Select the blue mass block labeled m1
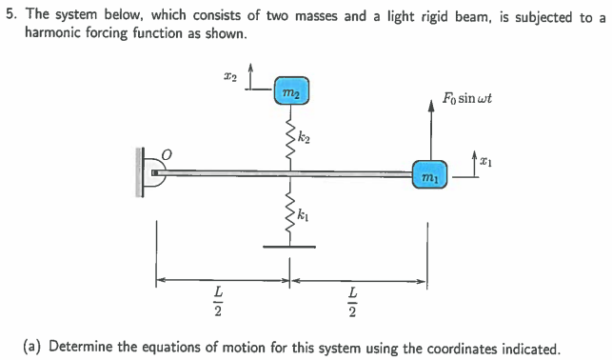(x=428, y=177)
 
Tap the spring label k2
(x=306, y=139)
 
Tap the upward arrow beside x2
(x=251, y=76)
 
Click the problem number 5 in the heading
(x=10, y=16)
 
